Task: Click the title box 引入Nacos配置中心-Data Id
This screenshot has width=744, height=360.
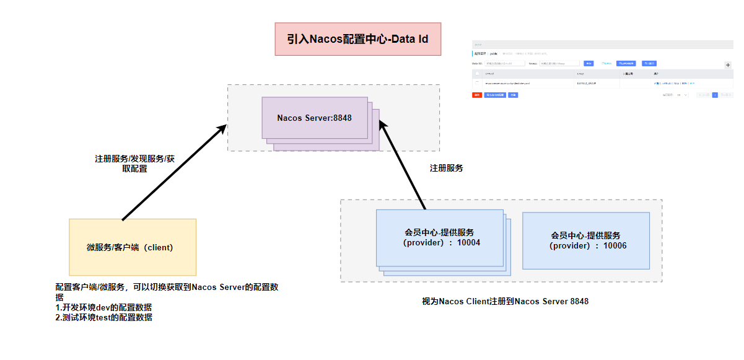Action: click(x=358, y=40)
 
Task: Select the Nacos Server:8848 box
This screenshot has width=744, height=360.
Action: click(x=315, y=118)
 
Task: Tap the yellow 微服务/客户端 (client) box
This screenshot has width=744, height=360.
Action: click(x=132, y=247)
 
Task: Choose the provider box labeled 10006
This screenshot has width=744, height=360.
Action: click(x=585, y=240)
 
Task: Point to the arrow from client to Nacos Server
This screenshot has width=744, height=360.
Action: click(x=173, y=172)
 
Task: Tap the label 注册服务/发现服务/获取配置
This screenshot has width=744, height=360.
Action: click(x=134, y=163)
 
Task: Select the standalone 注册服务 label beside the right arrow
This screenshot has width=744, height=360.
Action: click(x=446, y=168)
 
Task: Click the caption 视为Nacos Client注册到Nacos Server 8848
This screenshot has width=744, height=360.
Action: click(x=505, y=302)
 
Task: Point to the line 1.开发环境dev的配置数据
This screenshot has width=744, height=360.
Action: click(x=103, y=307)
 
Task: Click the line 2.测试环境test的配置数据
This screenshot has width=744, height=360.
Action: click(x=103, y=317)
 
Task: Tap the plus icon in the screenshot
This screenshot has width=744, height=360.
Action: click(x=727, y=65)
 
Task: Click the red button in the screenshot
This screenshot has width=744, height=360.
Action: click(x=477, y=95)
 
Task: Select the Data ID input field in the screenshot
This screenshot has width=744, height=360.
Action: click(x=504, y=63)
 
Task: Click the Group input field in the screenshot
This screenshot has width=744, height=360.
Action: click(x=559, y=63)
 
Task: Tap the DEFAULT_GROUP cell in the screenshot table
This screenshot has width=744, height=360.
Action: click(x=586, y=82)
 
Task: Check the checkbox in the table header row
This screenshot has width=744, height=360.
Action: click(x=477, y=73)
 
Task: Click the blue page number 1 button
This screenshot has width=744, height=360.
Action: click(x=715, y=95)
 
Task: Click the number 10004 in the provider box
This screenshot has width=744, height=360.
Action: click(x=468, y=243)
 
